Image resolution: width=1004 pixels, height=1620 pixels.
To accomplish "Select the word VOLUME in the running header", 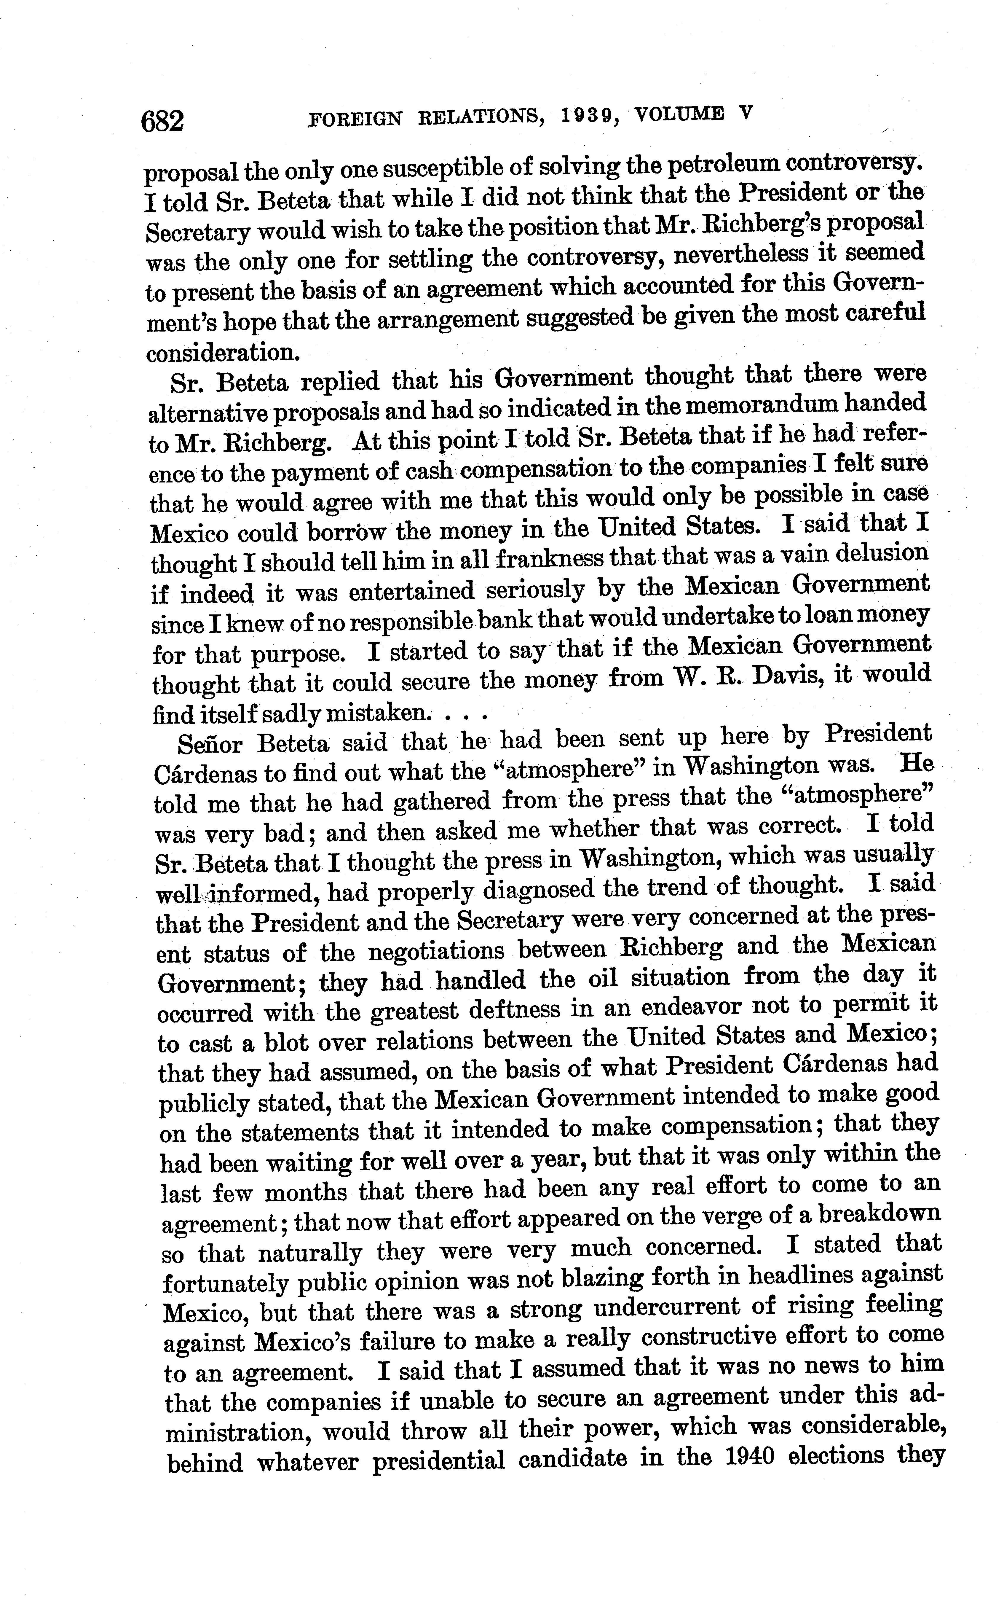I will pyautogui.click(x=679, y=114).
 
